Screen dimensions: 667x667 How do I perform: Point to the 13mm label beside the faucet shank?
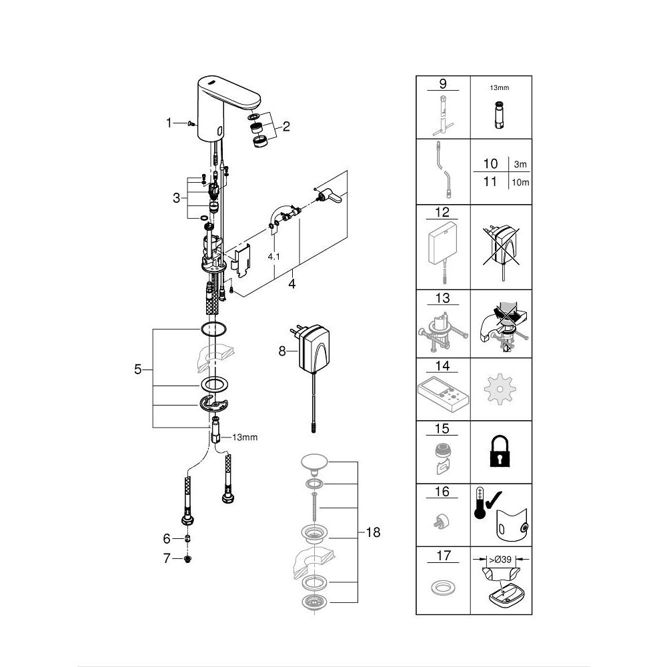pos(244,438)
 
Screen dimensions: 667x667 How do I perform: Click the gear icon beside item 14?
pos(501,390)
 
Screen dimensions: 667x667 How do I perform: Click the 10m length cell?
pos(520,182)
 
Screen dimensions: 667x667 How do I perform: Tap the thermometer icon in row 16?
pos(479,512)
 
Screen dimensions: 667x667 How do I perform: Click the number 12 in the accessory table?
pos(441,213)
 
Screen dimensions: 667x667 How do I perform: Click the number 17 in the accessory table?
pos(441,555)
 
